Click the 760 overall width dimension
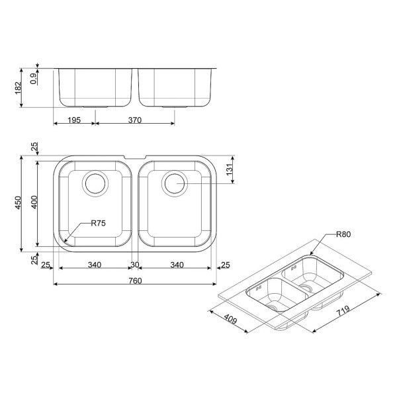click(x=135, y=281)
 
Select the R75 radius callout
click(x=98, y=223)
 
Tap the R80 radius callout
click(x=343, y=234)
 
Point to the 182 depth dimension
click(x=19, y=87)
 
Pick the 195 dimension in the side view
click(x=74, y=120)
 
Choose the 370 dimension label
click(x=135, y=120)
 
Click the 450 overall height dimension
click(x=19, y=202)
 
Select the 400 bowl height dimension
click(x=34, y=202)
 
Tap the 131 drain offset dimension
click(x=230, y=169)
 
